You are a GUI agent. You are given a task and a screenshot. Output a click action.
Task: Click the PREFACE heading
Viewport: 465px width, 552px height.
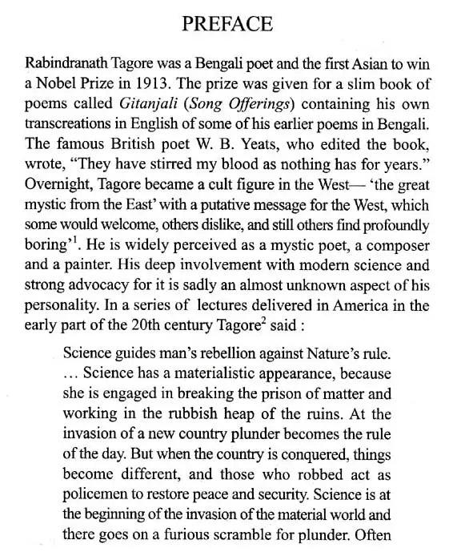coord(227,25)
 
